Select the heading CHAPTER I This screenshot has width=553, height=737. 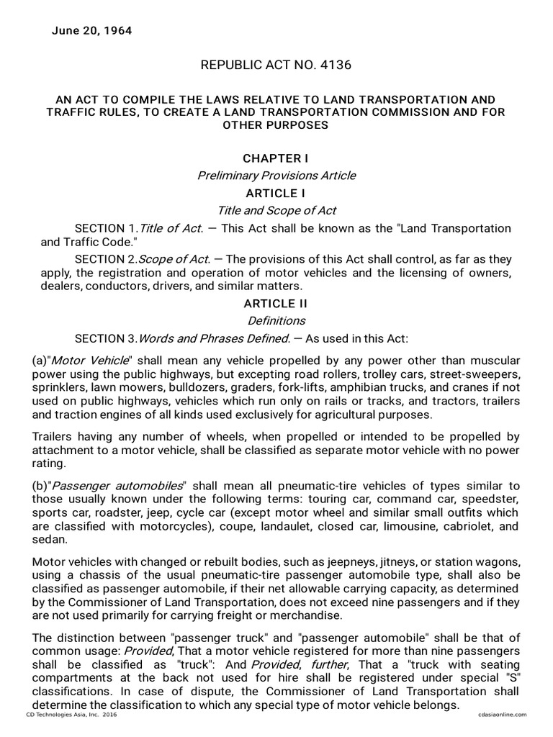click(276, 158)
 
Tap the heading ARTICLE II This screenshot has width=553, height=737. click(276, 304)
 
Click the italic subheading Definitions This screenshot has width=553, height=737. click(276, 321)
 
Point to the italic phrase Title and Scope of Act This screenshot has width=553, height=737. click(276, 211)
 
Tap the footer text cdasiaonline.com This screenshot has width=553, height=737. click(502, 714)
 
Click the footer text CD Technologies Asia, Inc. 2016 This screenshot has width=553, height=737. click(71, 714)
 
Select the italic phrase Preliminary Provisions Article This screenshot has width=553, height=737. click(276, 176)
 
